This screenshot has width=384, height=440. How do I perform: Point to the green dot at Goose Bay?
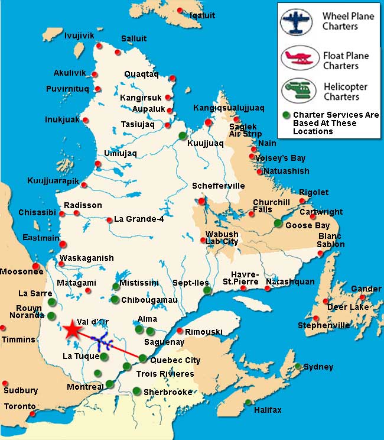[x=278, y=223]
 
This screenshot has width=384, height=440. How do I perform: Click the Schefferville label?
[x=218, y=186]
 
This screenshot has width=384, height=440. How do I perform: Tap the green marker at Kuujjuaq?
[x=183, y=135]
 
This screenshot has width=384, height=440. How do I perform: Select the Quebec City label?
[x=175, y=360]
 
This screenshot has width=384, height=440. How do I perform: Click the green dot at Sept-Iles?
[x=206, y=290]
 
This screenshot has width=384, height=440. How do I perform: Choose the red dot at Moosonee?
[x=37, y=266]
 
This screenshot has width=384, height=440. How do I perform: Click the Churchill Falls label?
[x=271, y=205]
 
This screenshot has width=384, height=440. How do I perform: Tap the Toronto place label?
[x=19, y=407]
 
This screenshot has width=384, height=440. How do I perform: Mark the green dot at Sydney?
[x=299, y=366]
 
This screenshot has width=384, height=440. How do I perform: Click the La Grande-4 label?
[x=139, y=219]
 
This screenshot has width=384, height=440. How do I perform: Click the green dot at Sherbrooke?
[x=136, y=390]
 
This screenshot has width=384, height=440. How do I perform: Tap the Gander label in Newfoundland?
[x=366, y=289]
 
